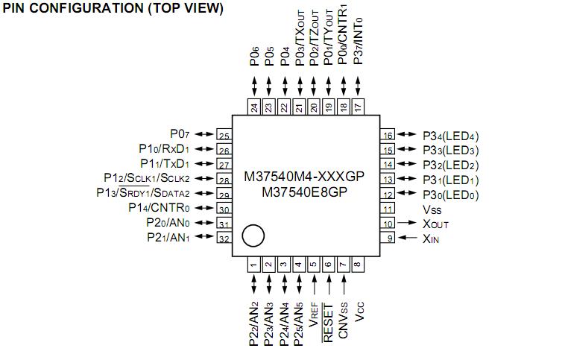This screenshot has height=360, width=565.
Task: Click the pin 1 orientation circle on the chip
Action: coord(253,236)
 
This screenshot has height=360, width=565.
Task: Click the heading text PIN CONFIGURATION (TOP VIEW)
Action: coord(113,8)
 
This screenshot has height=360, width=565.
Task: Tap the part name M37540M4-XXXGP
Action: coord(306,177)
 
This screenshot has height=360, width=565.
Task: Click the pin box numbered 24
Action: coord(254,107)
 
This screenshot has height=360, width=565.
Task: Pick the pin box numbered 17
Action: coord(358,107)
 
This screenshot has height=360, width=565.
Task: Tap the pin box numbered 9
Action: coord(388,239)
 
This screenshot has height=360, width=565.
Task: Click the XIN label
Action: coord(432,239)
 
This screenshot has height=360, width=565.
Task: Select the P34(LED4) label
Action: coord(450,136)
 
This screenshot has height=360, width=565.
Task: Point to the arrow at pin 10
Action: coord(407,223)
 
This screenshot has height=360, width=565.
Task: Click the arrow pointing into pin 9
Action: coord(407,239)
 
